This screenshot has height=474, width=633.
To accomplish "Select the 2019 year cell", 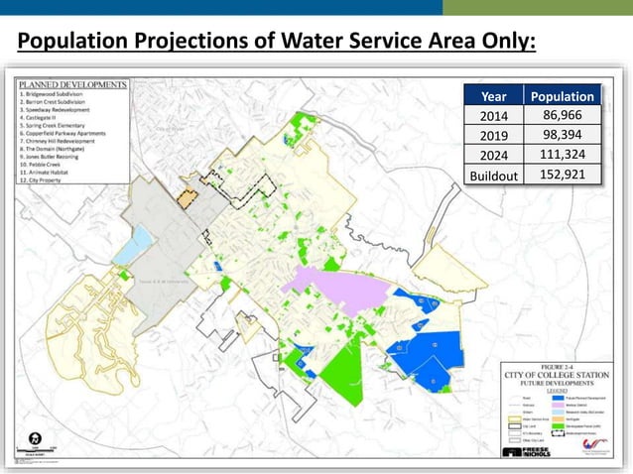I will point(492,136).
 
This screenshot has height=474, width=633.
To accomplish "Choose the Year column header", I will point(492,97).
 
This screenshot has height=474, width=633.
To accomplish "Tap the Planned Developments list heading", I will point(71,85).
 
